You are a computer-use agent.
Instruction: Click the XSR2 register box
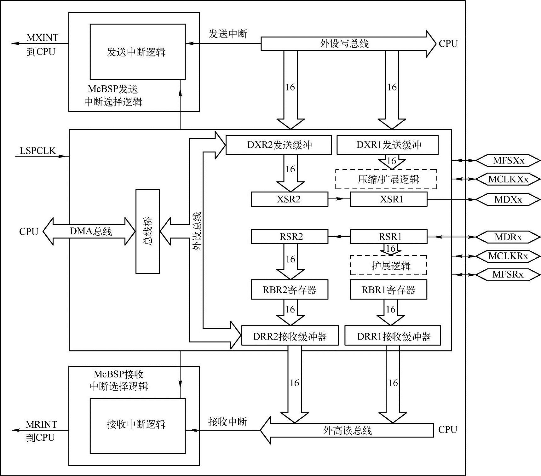click(289, 199)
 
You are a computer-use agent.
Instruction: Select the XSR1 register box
click(388, 199)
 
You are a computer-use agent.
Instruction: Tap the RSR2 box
click(289, 237)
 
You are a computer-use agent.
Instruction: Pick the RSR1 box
click(388, 237)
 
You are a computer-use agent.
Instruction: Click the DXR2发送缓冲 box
click(279, 145)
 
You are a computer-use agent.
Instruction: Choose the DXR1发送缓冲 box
click(387, 145)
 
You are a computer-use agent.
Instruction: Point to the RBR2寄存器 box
click(289, 290)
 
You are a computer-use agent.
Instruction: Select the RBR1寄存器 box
click(388, 290)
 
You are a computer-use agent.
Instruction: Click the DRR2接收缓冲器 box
click(290, 336)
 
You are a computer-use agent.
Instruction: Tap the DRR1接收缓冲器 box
click(393, 336)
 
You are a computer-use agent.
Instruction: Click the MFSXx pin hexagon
click(508, 161)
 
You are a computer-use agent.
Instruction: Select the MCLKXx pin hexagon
click(508, 179)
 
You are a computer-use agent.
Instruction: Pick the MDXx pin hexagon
click(508, 199)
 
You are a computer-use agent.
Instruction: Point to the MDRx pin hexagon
click(508, 237)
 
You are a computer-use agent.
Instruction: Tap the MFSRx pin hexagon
click(508, 274)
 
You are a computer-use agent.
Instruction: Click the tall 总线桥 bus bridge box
click(147, 232)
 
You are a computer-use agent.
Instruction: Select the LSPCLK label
click(37, 151)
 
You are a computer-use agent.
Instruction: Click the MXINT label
click(43, 38)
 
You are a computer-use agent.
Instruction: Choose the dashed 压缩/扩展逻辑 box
click(386, 179)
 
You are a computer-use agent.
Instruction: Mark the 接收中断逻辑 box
click(138, 426)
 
